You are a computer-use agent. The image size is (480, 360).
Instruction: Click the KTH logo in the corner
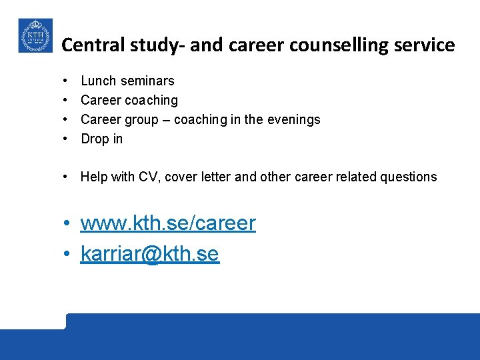pyautogui.click(x=34, y=35)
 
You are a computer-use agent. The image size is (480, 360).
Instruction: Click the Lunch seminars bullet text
pyautogui.click(x=127, y=81)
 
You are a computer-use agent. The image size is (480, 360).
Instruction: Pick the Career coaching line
pyautogui.click(x=129, y=100)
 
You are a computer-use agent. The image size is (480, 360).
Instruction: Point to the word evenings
pyautogui.click(x=294, y=119)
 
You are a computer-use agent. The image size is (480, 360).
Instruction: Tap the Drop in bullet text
pyautogui.click(x=102, y=139)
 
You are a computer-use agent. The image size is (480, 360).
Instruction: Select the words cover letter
pyautogui.click(x=197, y=177)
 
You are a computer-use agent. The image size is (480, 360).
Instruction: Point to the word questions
pyautogui.click(x=409, y=177)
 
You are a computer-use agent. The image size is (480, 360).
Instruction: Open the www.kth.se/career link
pyautogui.click(x=168, y=223)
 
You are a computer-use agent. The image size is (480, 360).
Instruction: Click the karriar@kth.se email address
pyautogui.click(x=149, y=254)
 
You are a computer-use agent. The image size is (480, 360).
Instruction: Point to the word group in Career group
pyautogui.click(x=142, y=120)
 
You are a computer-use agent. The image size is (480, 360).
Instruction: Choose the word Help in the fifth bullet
pyautogui.click(x=93, y=177)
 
